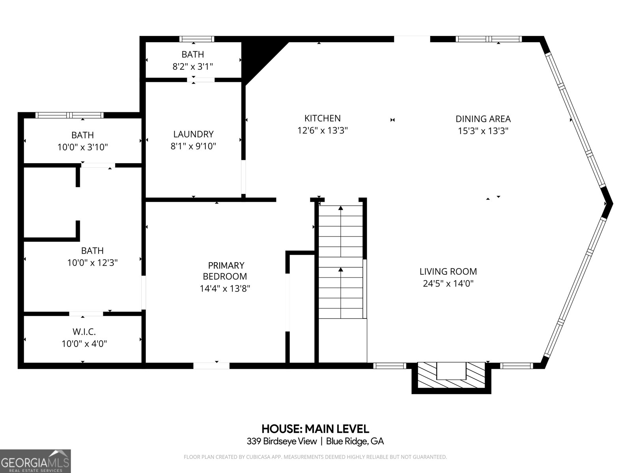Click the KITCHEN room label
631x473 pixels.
coord(322,118)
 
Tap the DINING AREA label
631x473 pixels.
coord(483,119)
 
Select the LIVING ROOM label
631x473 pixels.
coord(448,272)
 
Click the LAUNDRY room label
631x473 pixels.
coord(193,134)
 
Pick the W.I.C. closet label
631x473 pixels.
coord(84,332)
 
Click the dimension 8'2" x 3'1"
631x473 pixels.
coord(193,67)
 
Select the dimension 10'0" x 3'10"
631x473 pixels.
coord(82,147)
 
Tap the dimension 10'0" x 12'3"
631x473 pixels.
coord(92,263)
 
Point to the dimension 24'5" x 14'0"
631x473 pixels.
coord(448,283)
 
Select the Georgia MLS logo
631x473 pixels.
coord(35,461)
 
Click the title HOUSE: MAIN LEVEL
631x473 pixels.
coord(315,429)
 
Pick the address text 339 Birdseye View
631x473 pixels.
coord(282,441)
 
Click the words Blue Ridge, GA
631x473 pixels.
coord(355,441)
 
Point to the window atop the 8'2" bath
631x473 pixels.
coord(197,39)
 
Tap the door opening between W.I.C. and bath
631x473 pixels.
coord(86,314)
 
